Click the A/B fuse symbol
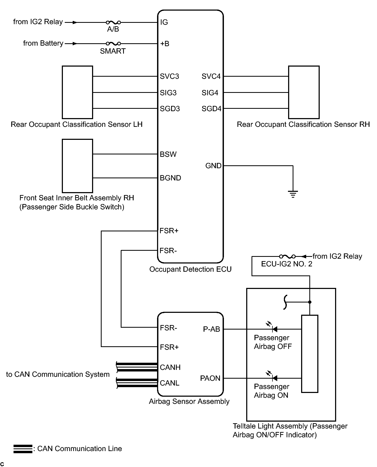pos(113,23)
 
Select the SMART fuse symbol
pos(113,44)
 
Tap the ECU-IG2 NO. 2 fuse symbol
pos(287,256)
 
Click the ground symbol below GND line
pos(293,194)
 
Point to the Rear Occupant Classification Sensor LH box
pos(77,92)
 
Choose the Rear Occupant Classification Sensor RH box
pos(304,92)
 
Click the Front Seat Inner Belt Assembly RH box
pos(77,166)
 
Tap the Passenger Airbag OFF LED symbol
pos(274,329)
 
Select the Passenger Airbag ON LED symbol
pos(274,378)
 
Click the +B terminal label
pos(165,44)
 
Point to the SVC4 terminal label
pos(211,76)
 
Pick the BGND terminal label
pos(170,178)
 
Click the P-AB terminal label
pos(211,329)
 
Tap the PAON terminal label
pos(210,378)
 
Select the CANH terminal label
pos(170,367)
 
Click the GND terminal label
pos(213,166)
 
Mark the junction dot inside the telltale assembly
pos(310,302)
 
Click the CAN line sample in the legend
pos(23,449)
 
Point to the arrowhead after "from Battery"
pos(75,44)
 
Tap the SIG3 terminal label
pos(168,93)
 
